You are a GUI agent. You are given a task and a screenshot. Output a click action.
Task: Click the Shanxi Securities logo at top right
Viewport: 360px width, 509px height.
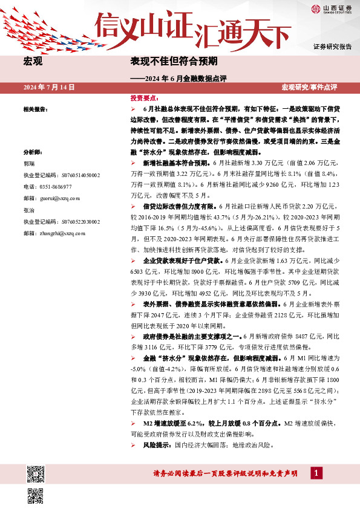tap(331, 8)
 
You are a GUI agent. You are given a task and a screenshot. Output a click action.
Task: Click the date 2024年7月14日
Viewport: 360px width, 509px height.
tap(49, 87)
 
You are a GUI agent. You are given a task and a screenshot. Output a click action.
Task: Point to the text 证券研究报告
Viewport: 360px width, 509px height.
tap(333, 47)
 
